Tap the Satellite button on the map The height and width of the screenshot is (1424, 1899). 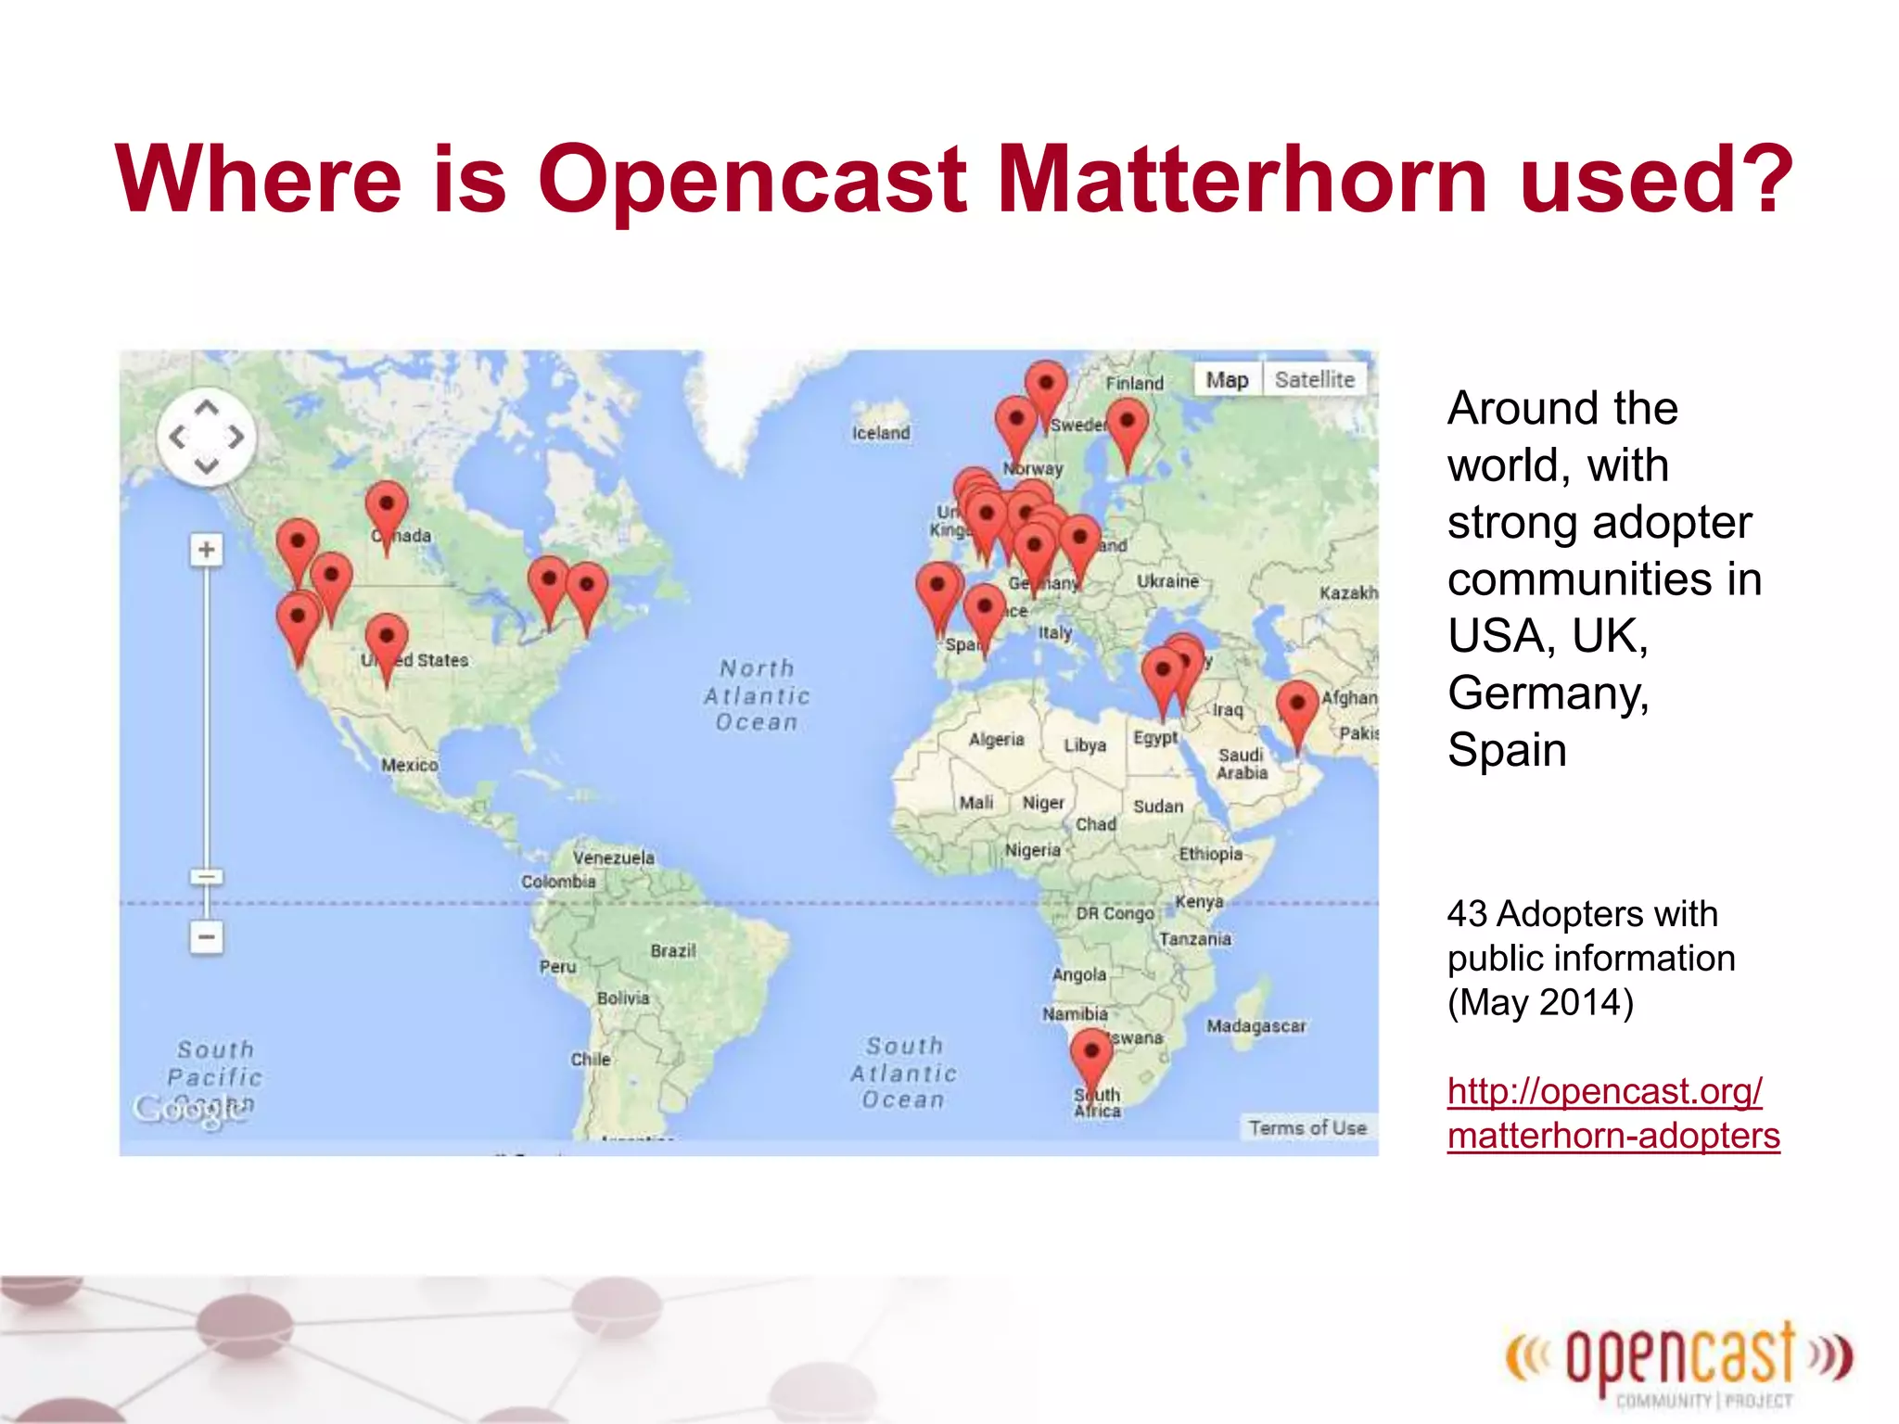pyautogui.click(x=1314, y=379)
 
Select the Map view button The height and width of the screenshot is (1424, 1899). pyautogui.click(x=1227, y=379)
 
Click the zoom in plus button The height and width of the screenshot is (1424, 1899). pyautogui.click(x=206, y=550)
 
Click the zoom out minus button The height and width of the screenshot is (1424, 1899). pyautogui.click(x=206, y=936)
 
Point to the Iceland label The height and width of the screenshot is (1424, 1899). pyautogui.click(x=881, y=433)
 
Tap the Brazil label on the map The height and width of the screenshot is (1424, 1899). pyautogui.click(x=672, y=950)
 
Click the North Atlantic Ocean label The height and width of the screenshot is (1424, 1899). pyautogui.click(x=757, y=695)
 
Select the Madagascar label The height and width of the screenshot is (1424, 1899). pyautogui.click(x=1255, y=1025)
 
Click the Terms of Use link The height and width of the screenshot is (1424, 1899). pyautogui.click(x=1307, y=1127)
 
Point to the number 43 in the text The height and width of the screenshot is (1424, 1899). pyautogui.click(x=1467, y=914)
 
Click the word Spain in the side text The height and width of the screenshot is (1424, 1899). pyautogui.click(x=1507, y=749)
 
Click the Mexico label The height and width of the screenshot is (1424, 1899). pyautogui.click(x=409, y=765)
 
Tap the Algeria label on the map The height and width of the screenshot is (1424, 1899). pyautogui.click(x=996, y=739)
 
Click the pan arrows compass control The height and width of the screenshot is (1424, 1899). pyautogui.click(x=206, y=437)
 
